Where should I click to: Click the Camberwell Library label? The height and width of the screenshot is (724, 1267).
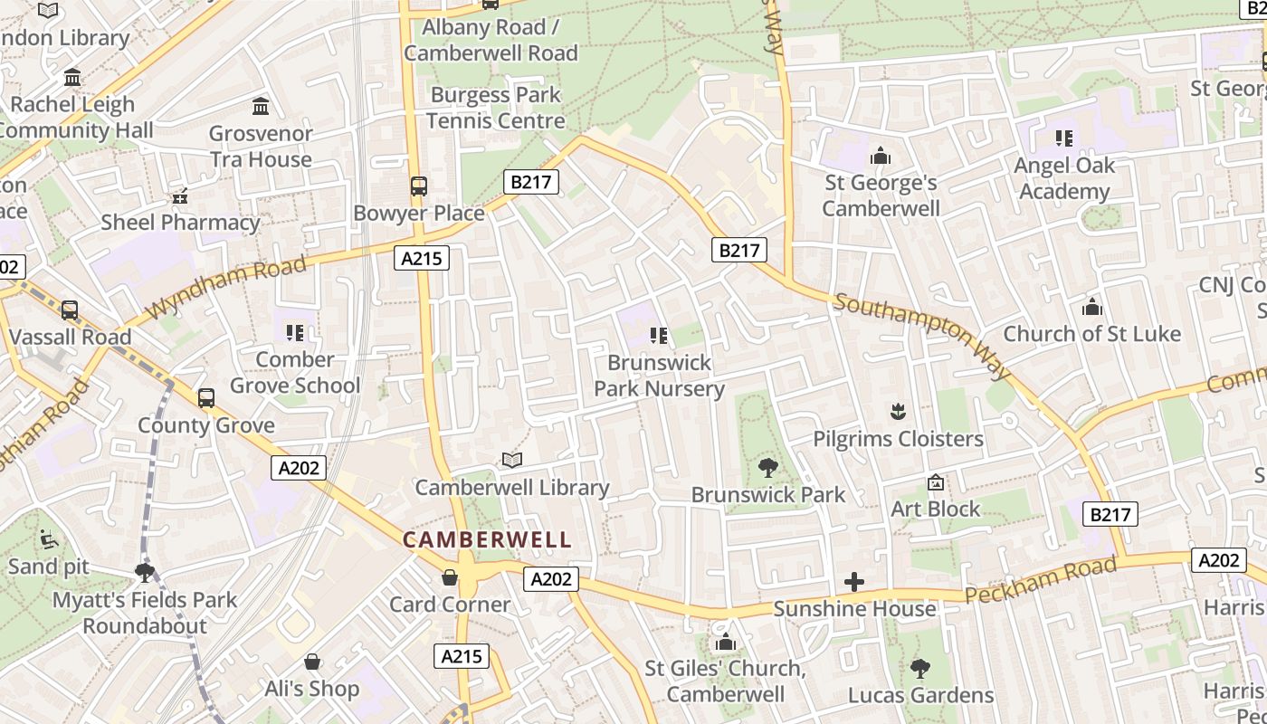(512, 488)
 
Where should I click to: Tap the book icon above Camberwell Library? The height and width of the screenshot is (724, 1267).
(512, 461)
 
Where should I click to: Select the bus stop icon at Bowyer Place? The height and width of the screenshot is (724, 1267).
(418, 186)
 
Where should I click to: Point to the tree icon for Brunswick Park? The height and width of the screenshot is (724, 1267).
(767, 468)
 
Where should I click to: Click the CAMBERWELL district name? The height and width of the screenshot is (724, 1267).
(487, 540)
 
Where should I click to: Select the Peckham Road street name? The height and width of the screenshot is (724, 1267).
(1041, 581)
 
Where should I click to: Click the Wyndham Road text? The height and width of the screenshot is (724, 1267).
(225, 287)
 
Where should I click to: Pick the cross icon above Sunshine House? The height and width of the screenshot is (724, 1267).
(853, 582)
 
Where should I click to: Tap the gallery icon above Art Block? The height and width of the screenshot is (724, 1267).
(936, 483)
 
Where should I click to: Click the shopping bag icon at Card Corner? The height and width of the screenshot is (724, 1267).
(450, 577)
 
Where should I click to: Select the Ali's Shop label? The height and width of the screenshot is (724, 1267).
(312, 689)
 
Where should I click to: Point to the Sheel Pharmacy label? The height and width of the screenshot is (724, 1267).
(180, 223)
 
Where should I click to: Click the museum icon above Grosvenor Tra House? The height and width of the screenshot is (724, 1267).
(262, 107)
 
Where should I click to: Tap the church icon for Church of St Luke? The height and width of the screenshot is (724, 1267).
(1091, 308)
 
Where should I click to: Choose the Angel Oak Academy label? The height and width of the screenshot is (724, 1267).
(1064, 178)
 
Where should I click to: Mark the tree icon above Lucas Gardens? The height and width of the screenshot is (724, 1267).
(920, 669)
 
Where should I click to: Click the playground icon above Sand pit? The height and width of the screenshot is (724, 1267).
(49, 540)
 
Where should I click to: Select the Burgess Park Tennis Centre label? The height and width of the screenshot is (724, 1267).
(496, 108)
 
